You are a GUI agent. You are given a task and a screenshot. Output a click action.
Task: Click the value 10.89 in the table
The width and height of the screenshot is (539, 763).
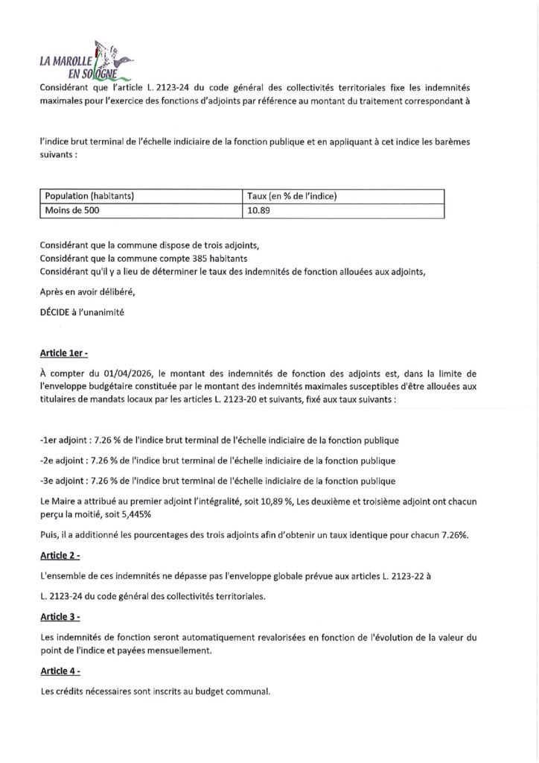click(x=258, y=210)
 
